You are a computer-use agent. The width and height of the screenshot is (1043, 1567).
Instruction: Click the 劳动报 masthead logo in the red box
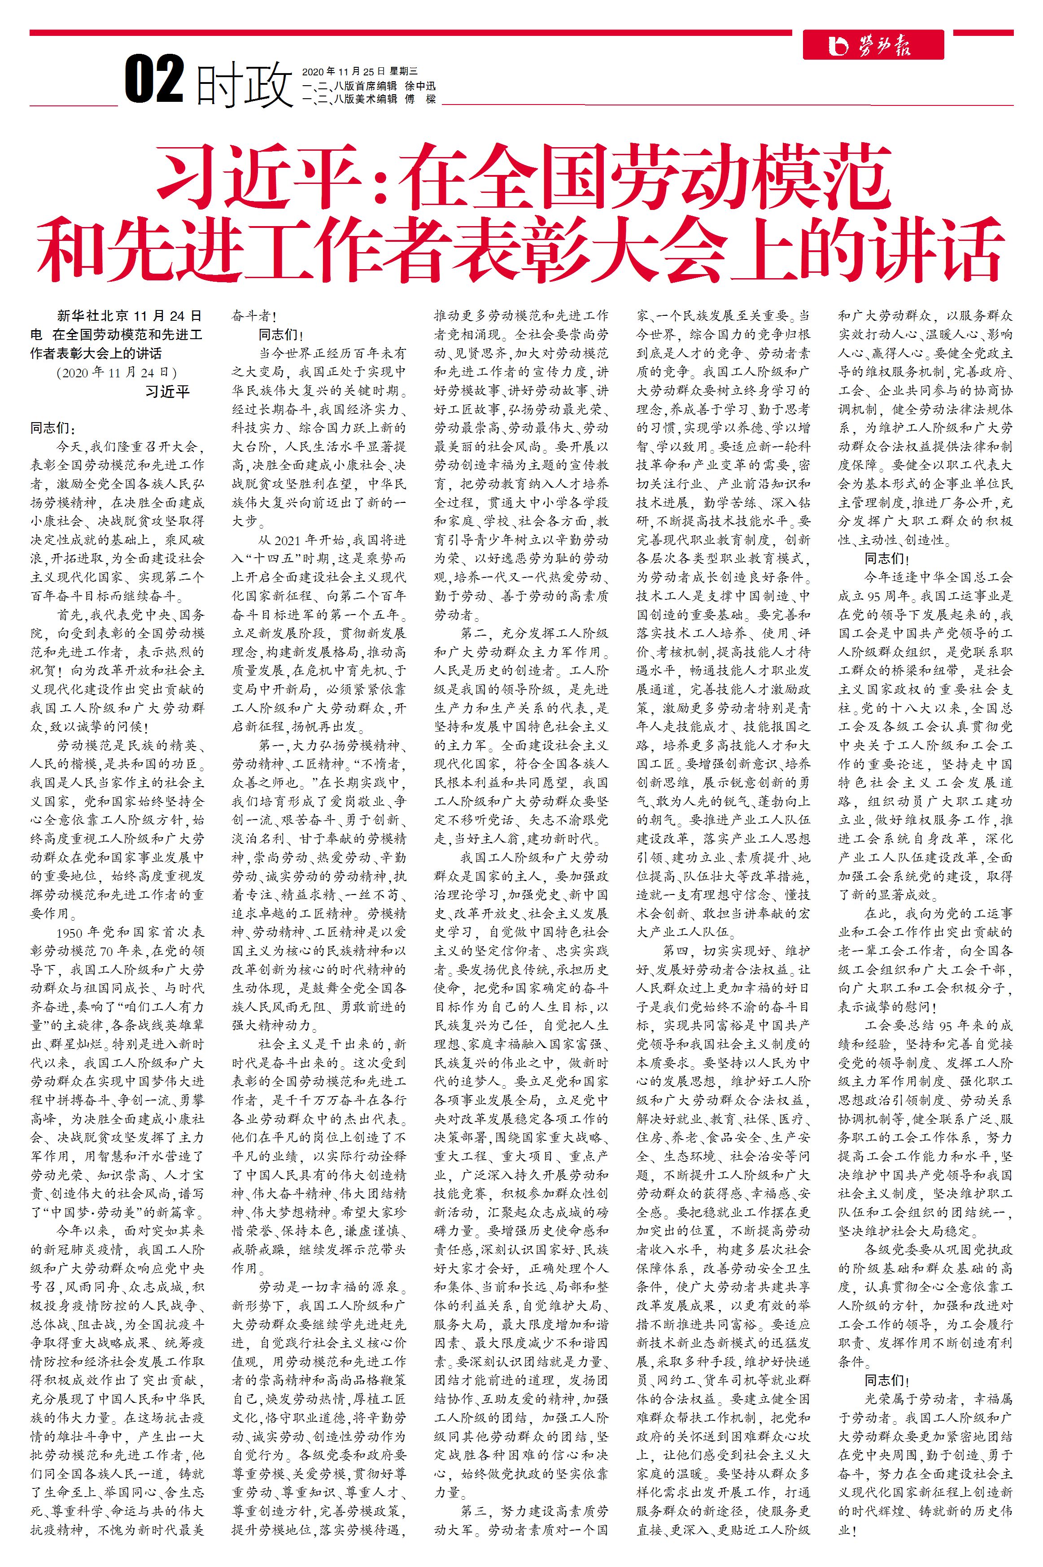(x=873, y=45)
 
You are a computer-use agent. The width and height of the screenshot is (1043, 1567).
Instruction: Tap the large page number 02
(x=154, y=80)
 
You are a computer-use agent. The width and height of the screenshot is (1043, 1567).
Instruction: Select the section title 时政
(x=245, y=84)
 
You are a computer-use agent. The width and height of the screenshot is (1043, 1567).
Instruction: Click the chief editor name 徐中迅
(x=420, y=85)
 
